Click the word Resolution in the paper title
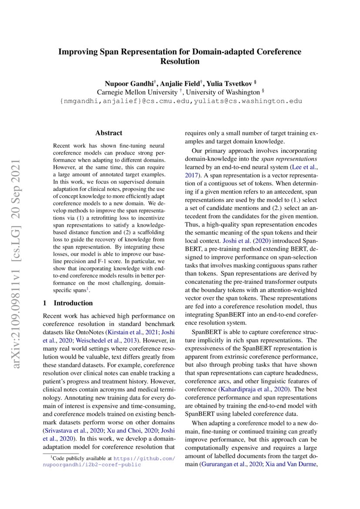coord(180,61)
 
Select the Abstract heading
coord(109,133)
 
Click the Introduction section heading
coord(73,303)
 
